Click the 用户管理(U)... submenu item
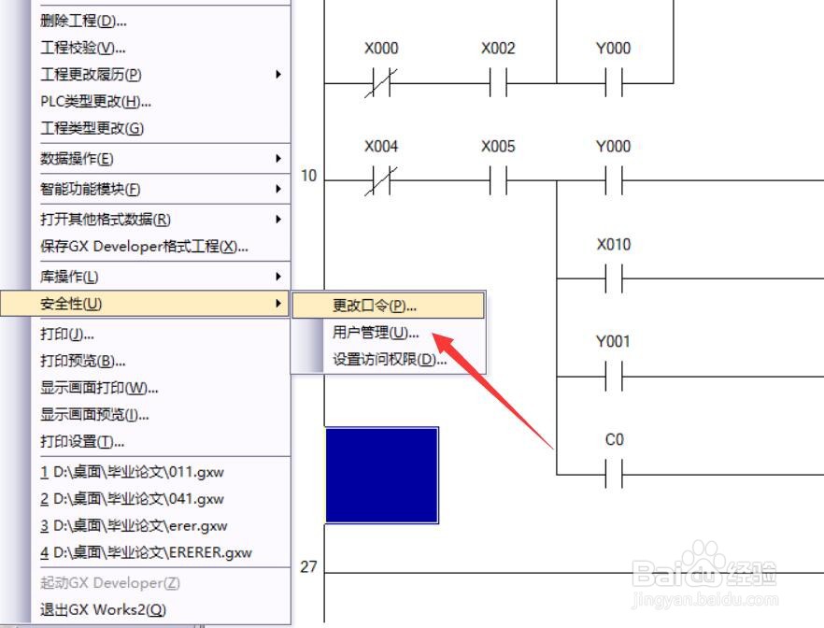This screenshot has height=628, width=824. [x=376, y=333]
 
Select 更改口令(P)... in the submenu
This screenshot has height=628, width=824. [x=374, y=306]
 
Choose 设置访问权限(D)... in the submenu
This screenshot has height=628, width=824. [x=390, y=360]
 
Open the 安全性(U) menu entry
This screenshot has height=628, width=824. [x=71, y=304]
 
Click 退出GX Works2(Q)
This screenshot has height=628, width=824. [x=103, y=609]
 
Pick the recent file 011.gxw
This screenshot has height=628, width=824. [x=132, y=472]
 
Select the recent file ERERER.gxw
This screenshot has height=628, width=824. [x=146, y=553]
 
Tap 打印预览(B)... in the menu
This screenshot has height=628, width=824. [x=83, y=361]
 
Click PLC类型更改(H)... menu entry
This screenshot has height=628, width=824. [x=95, y=102]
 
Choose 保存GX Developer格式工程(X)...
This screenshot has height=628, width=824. [x=144, y=247]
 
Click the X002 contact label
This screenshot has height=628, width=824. [x=498, y=49]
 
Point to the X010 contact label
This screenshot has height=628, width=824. [x=614, y=244]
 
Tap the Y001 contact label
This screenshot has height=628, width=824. [x=613, y=342]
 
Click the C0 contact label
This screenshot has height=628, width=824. [x=615, y=439]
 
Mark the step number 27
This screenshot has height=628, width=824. [x=308, y=566]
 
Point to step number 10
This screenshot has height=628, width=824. [x=308, y=176]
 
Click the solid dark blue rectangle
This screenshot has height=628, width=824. [x=382, y=476]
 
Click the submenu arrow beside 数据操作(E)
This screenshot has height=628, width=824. [x=278, y=158]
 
